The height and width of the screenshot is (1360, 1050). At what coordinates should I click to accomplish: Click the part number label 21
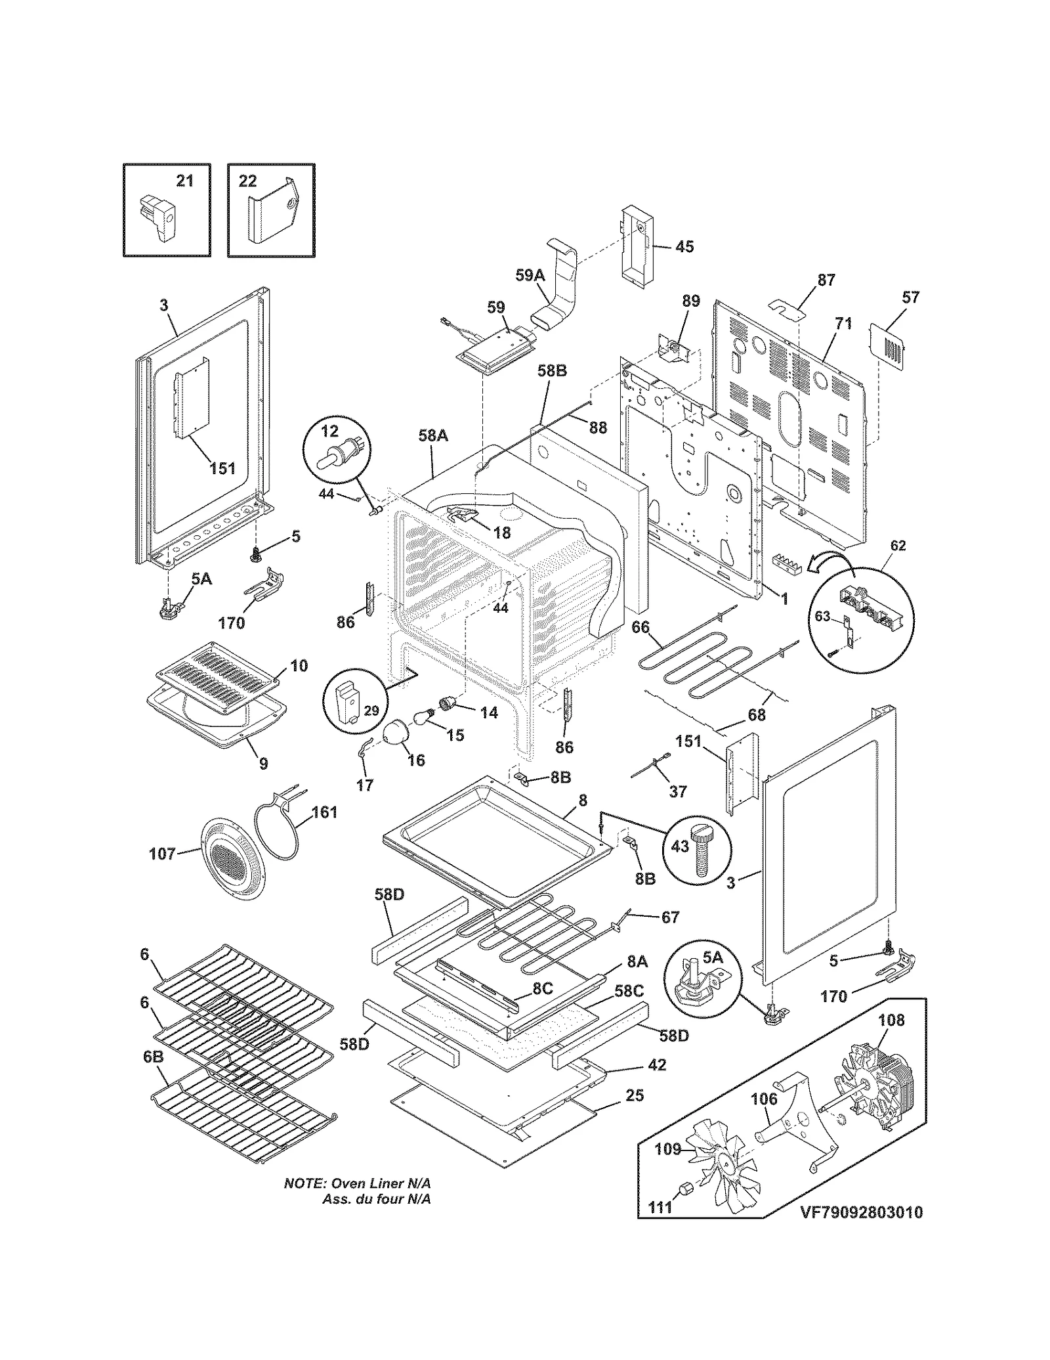click(185, 180)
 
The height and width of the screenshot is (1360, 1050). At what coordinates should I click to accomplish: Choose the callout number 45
click(684, 247)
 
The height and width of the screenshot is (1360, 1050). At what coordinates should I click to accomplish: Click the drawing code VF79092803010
click(861, 1212)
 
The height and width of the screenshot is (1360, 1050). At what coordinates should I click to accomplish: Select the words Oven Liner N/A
click(381, 1183)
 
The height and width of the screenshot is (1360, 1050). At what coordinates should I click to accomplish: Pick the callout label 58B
click(552, 371)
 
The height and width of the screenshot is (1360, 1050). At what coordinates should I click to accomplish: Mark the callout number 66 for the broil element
click(640, 627)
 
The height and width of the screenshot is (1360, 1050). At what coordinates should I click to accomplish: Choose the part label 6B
click(153, 1057)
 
